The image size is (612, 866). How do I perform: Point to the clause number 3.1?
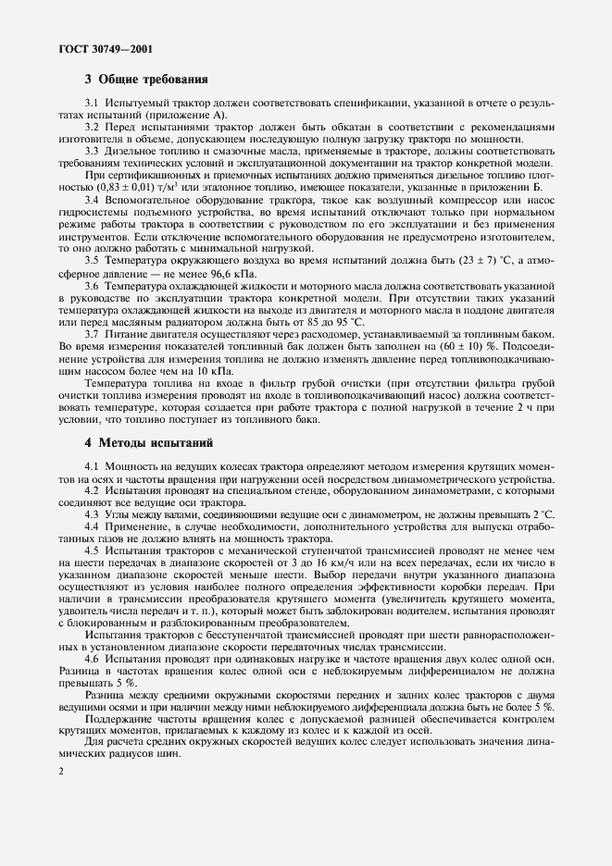click(92, 103)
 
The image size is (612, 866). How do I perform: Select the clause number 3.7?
click(92, 332)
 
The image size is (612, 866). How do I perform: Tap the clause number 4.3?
click(92, 513)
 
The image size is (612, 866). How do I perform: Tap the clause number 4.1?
click(92, 464)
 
